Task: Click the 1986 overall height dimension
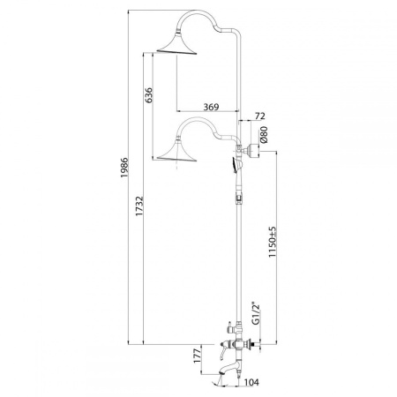pyautogui.click(x=124, y=168)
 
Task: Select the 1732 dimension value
pyautogui.click(x=139, y=206)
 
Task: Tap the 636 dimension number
pyautogui.click(x=149, y=95)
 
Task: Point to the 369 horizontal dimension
pyautogui.click(x=211, y=107)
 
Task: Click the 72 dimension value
pyautogui.click(x=259, y=116)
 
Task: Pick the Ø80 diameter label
pyautogui.click(x=264, y=134)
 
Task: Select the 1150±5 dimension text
pyautogui.click(x=273, y=242)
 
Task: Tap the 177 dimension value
pyautogui.click(x=198, y=355)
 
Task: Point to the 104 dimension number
pyautogui.click(x=251, y=382)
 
